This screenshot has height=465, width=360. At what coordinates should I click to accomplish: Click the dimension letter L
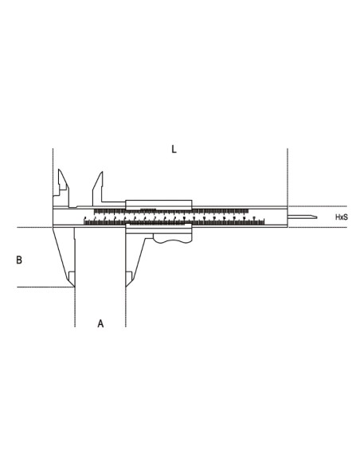tap(174, 149)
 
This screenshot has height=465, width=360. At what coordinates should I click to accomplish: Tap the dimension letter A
tap(100, 323)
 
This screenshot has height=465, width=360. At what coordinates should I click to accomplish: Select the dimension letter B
tap(19, 260)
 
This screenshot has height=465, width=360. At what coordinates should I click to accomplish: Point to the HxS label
tap(341, 217)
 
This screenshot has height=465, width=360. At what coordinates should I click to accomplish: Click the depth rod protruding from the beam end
tap(303, 217)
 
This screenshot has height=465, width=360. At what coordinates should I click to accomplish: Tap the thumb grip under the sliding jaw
tap(174, 238)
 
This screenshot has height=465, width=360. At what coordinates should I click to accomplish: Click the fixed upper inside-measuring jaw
tap(61, 186)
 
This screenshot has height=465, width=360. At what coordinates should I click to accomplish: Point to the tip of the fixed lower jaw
tap(72, 279)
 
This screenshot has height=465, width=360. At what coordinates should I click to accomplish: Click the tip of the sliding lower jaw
tap(127, 279)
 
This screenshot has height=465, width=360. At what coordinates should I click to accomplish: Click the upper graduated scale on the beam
tap(199, 210)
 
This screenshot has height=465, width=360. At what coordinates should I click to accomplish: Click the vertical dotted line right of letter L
tap(286, 175)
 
